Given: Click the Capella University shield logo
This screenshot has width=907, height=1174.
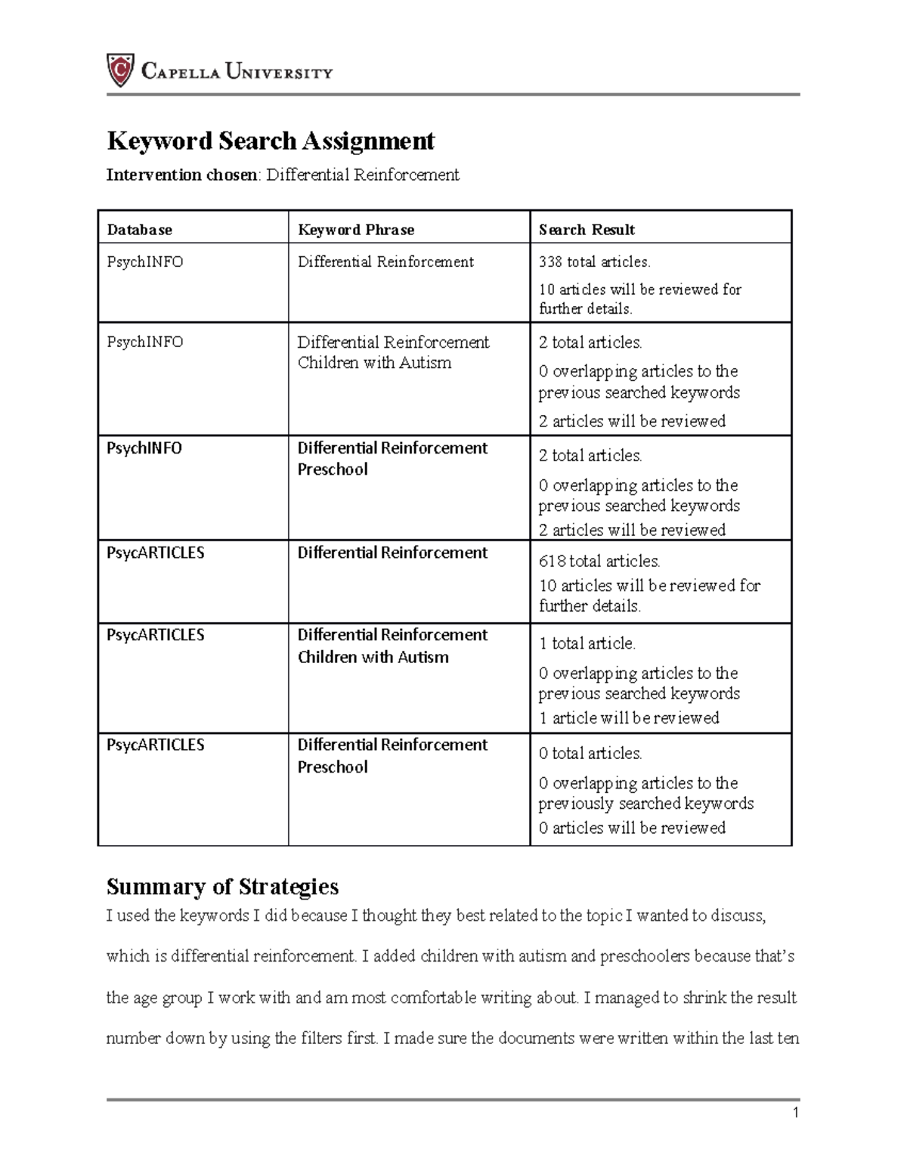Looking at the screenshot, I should pyautogui.click(x=120, y=71).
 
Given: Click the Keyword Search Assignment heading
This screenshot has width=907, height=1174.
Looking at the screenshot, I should pyautogui.click(x=271, y=141).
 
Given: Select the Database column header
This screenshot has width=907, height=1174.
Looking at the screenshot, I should pyautogui.click(x=140, y=230).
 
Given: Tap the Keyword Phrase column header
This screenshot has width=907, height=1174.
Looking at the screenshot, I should pyautogui.click(x=356, y=230).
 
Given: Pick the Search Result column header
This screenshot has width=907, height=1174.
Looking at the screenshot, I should pyautogui.click(x=587, y=230).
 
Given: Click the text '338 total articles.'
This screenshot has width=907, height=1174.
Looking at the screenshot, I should pyautogui.click(x=594, y=262).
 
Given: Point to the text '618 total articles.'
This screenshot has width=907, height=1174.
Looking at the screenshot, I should pyautogui.click(x=599, y=561).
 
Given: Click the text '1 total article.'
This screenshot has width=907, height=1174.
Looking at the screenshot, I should pyautogui.click(x=587, y=643).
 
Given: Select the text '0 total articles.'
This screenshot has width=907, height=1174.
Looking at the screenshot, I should pyautogui.click(x=590, y=754).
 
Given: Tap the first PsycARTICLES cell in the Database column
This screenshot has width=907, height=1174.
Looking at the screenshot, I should pyautogui.click(x=156, y=553).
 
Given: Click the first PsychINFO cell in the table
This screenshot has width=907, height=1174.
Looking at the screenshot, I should pyautogui.click(x=145, y=262).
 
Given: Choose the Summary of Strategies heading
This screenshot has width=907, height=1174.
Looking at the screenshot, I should pyautogui.click(x=222, y=886).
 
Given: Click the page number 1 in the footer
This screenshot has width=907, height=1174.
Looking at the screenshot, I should pyautogui.click(x=795, y=1113).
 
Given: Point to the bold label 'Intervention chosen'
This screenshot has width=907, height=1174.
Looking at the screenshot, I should pyautogui.click(x=182, y=175).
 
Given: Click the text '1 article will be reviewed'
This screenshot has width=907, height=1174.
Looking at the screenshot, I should pyautogui.click(x=629, y=718).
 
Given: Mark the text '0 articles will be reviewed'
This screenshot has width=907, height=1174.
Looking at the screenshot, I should pyautogui.click(x=632, y=828).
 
